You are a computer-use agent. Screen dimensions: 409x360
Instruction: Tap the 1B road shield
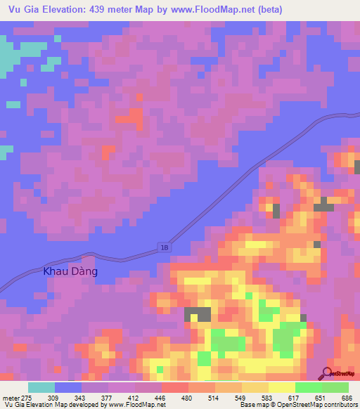click(x=162, y=245)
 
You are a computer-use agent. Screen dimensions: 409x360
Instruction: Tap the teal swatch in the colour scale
click(x=41, y=387)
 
